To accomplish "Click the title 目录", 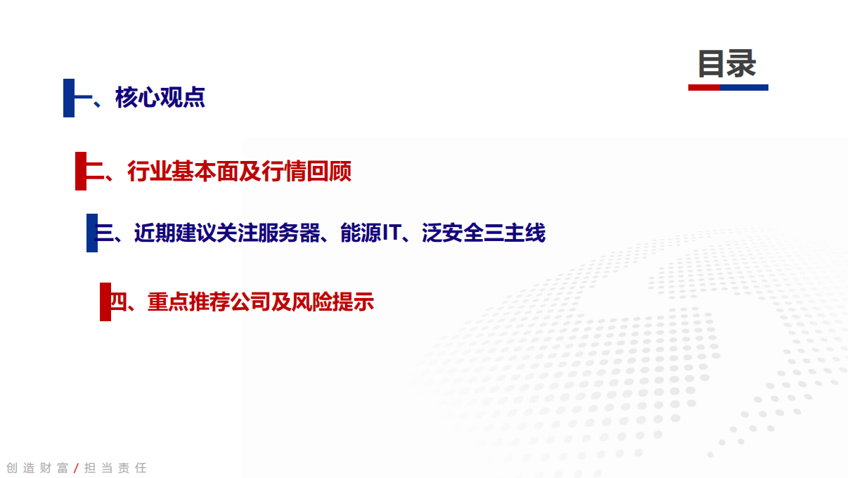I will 727,64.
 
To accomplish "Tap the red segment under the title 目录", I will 703,88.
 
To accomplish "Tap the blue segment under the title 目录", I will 744,88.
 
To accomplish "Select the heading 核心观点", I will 160,98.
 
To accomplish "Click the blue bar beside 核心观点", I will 68,98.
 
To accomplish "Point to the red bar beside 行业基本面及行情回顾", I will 80,171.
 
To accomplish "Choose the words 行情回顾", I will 307,172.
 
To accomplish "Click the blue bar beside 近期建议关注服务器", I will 91,233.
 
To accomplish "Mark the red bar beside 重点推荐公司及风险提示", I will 105,302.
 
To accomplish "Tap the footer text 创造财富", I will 37,468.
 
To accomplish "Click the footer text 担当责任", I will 115,468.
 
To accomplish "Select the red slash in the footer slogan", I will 76,468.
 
